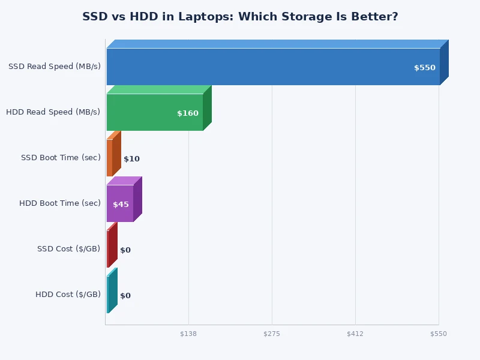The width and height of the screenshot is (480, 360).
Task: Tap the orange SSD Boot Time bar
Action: pyautogui.click(x=110, y=158)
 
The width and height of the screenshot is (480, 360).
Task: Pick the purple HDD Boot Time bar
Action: pyautogui.click(x=119, y=203)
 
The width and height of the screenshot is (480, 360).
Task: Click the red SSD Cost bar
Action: pyautogui.click(x=109, y=249)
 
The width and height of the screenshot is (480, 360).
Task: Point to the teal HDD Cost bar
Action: pyautogui.click(x=109, y=295)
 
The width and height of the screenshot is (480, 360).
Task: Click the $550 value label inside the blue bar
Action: pyautogui.click(x=424, y=68)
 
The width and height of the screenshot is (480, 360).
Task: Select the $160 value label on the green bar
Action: pyautogui.click(x=187, y=113)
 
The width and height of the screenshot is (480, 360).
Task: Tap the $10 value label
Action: pyautogui.click(x=131, y=159)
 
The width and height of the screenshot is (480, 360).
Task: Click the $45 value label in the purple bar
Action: pyautogui.click(x=121, y=205)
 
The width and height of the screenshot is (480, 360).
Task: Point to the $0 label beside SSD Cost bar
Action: pyautogui.click(x=125, y=250)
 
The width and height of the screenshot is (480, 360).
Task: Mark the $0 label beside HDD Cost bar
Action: pyautogui.click(x=125, y=296)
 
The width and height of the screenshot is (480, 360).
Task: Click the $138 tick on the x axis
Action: pyautogui.click(x=188, y=334)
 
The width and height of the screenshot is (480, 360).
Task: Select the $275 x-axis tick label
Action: pyautogui.click(x=272, y=334)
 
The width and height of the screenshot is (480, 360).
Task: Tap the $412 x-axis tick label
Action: pyautogui.click(x=355, y=334)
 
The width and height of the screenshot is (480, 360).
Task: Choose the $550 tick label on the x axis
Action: pyautogui.click(x=438, y=334)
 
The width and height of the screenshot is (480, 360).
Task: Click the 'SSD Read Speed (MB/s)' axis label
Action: pyautogui.click(x=54, y=67)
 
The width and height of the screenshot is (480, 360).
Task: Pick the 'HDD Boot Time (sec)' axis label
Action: pyautogui.click(x=59, y=203)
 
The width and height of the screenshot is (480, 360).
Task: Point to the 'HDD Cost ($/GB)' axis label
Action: pyautogui.click(x=68, y=295)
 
